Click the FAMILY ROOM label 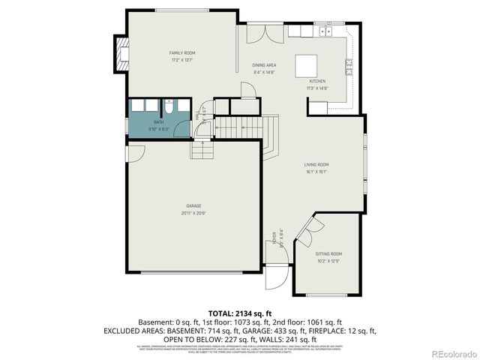181,52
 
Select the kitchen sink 325,31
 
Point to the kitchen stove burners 349,68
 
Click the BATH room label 158,121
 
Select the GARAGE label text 193,205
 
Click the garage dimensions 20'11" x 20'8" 193,213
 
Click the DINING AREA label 264,65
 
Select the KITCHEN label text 317,81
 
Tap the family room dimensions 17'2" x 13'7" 181,60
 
